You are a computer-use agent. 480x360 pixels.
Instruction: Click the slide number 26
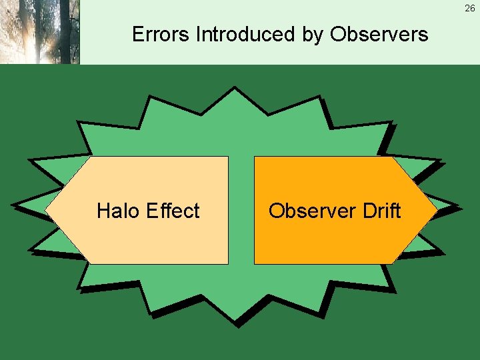click(470, 9)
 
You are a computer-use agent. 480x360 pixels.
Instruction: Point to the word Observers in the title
click(379, 34)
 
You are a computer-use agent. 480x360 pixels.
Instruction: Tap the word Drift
click(381, 211)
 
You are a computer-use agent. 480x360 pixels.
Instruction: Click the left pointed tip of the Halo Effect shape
click(47, 210)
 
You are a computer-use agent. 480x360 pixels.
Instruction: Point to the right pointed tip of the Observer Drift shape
click(436, 210)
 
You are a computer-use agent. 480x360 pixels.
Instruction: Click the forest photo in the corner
click(39, 32)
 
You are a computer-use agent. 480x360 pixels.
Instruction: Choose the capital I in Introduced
click(198, 34)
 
